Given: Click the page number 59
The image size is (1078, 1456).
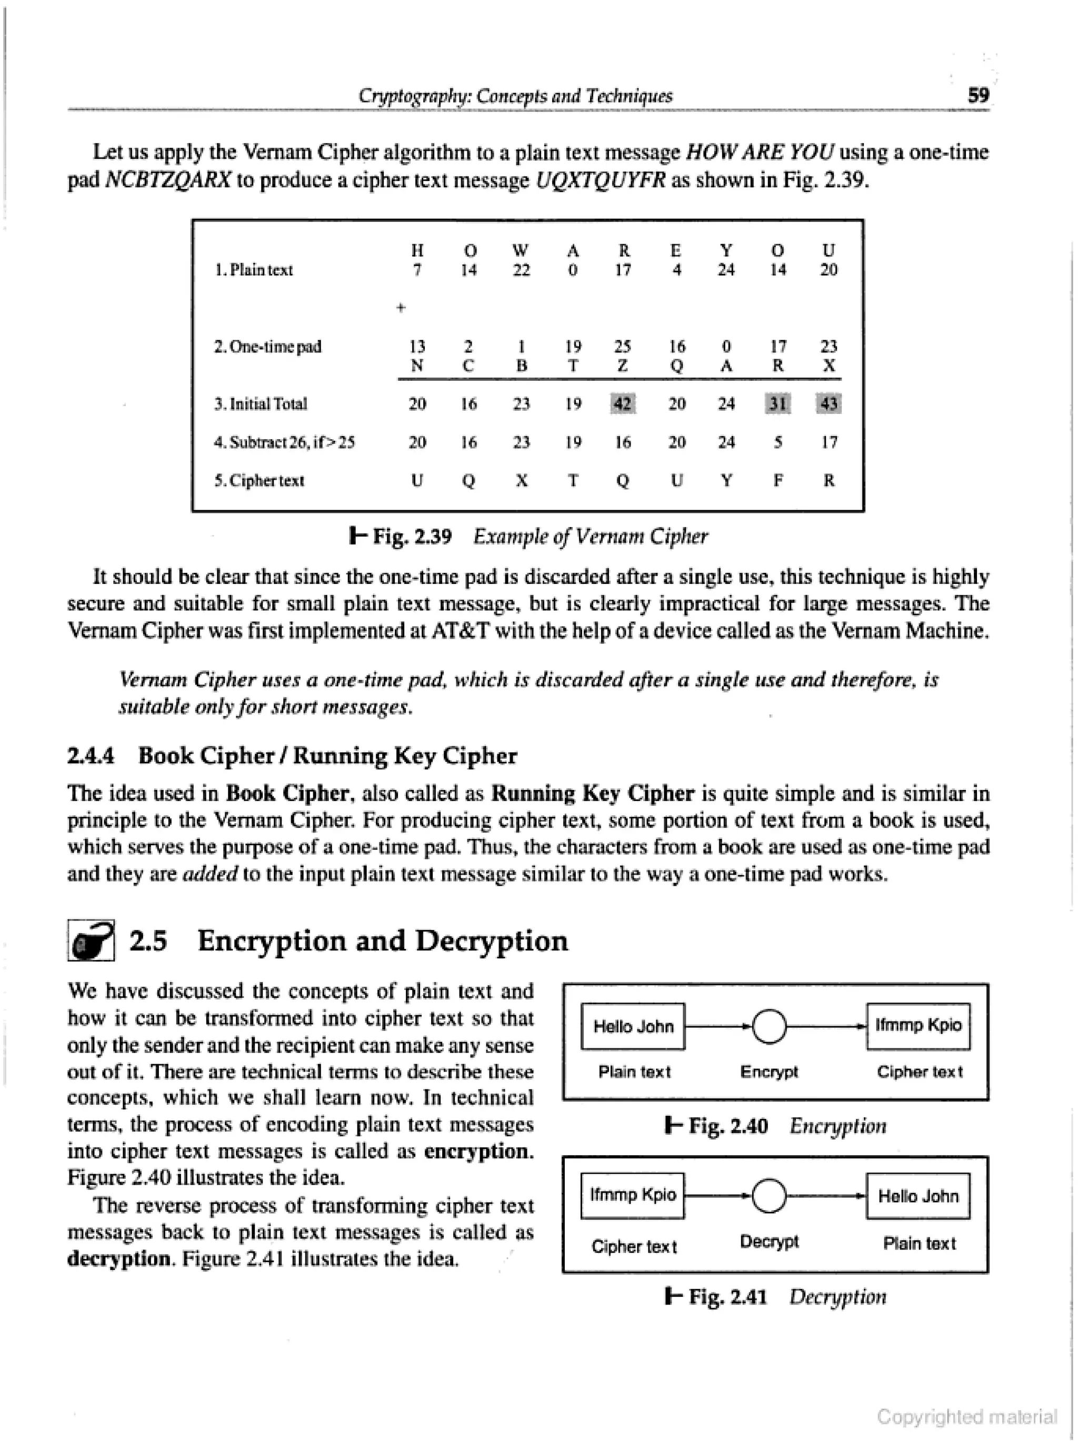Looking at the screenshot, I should pyautogui.click(x=978, y=95).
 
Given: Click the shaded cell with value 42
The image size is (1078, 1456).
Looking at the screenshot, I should pyautogui.click(x=623, y=404).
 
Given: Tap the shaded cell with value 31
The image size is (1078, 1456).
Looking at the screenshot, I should pyautogui.click(x=777, y=404).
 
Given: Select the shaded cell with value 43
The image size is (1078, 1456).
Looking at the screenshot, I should pyautogui.click(x=828, y=404).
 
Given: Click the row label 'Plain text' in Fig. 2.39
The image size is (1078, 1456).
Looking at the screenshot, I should pyautogui.click(x=254, y=270).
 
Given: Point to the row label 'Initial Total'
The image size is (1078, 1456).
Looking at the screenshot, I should pyautogui.click(x=261, y=404).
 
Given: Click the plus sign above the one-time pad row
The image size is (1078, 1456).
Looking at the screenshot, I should pyautogui.click(x=401, y=308).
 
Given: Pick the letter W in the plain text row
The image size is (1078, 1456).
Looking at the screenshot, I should pyautogui.click(x=520, y=251).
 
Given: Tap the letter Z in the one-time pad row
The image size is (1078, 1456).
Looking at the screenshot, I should pyautogui.click(x=623, y=365).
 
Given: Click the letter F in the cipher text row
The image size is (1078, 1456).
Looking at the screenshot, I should pyautogui.click(x=777, y=481).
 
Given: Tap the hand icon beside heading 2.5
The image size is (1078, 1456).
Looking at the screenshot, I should pyautogui.click(x=92, y=940).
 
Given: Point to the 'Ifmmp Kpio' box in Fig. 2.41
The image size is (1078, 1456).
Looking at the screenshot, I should pyautogui.click(x=632, y=1195).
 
